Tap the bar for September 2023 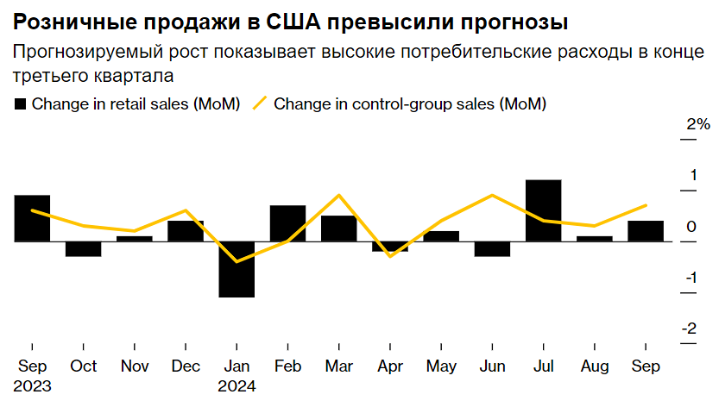[32, 218]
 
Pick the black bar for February [287, 223]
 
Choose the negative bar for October [83, 249]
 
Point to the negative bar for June [492, 249]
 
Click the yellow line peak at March [338, 195]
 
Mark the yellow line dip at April [389, 256]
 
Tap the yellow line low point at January [237, 261]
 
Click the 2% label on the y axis [697, 125]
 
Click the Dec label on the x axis [186, 366]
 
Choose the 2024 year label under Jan [237, 386]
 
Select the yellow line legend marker [259, 104]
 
